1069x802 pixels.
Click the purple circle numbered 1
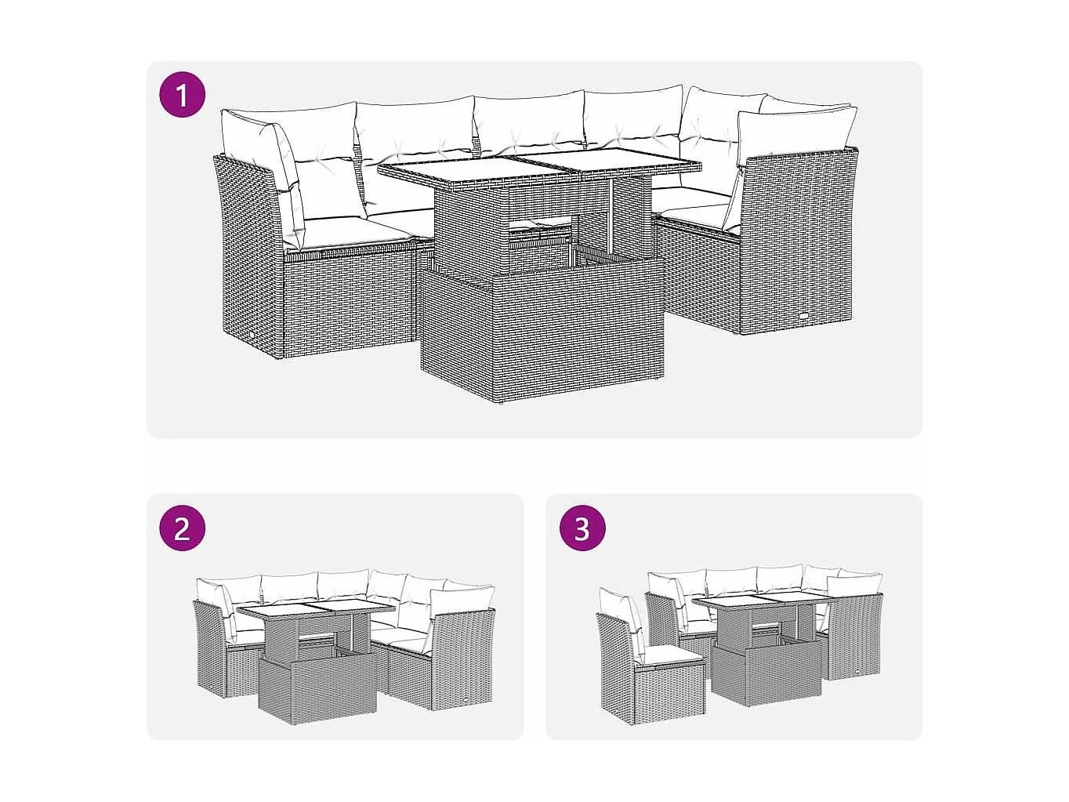(182, 96)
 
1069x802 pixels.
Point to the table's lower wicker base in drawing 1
(541, 337)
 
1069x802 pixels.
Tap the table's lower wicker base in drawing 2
(317, 690)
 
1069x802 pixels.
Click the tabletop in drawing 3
(760, 602)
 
